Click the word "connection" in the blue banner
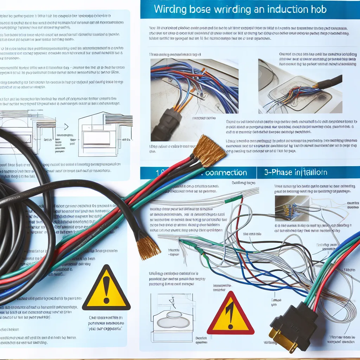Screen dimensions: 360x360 click(x=226, y=173)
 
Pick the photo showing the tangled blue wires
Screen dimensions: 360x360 click(x=194, y=99)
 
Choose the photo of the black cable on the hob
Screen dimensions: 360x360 click(x=300, y=86)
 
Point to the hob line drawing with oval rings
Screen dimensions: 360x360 click(x=172, y=318)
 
